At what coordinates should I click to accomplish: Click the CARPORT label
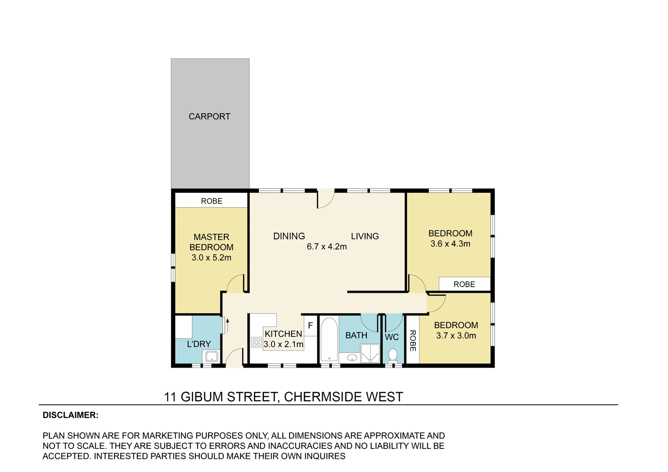tap(209, 117)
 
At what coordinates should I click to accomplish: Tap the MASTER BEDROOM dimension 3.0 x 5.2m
tap(211, 258)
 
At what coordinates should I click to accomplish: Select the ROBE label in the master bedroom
tap(212, 201)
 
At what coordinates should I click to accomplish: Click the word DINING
tap(289, 236)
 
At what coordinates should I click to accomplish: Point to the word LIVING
tap(365, 236)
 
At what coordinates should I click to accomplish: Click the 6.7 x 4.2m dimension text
tap(327, 247)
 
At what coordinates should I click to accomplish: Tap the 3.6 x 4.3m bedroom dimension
tap(450, 244)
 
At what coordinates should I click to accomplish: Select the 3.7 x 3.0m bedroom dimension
tap(456, 336)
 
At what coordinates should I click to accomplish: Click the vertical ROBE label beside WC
tap(412, 341)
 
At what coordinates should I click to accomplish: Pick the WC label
tap(392, 337)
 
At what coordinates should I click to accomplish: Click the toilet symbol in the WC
tap(393, 355)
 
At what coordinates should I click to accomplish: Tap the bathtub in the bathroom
tap(329, 340)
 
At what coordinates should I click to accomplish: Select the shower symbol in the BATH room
tap(370, 353)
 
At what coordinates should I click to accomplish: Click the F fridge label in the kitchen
tap(310, 326)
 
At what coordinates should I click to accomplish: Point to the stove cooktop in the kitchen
tap(257, 342)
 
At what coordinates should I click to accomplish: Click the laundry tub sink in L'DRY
tap(212, 357)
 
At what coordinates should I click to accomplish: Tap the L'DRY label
tap(199, 344)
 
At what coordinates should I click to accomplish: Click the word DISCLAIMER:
tap(70, 415)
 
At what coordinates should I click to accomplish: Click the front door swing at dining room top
tap(326, 199)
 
